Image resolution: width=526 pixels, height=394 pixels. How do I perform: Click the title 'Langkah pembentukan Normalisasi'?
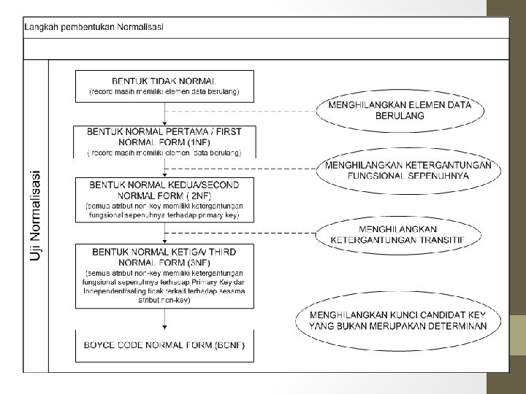click(94, 27)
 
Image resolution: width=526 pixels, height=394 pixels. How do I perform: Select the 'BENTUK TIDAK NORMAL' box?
click(165, 85)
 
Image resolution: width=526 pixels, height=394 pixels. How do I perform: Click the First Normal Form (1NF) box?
click(165, 142)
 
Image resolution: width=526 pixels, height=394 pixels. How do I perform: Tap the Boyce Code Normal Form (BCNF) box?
click(165, 346)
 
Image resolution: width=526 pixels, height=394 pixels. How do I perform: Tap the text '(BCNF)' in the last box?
click(229, 344)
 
